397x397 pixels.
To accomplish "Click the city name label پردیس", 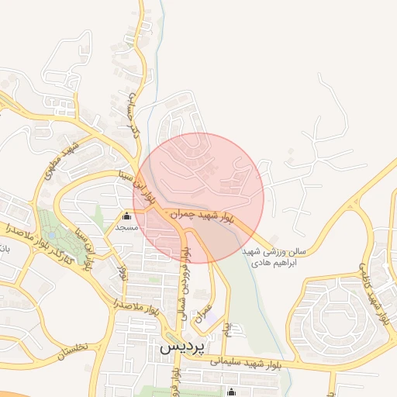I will [181, 348].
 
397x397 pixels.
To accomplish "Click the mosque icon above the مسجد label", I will [126, 216].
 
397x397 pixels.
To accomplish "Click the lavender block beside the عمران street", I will [214, 321].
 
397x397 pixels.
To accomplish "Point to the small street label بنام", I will [227, 331].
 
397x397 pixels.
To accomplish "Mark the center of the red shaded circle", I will [198, 198].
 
